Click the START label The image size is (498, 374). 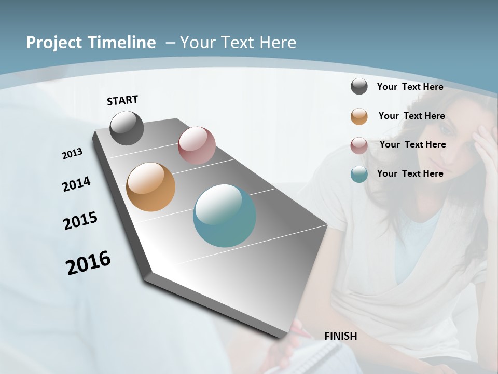122,100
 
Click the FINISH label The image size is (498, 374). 341,336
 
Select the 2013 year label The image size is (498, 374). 72,154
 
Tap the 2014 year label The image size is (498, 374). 76,184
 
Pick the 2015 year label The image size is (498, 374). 80,220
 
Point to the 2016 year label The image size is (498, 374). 88,263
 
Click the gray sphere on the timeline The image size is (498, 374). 127,128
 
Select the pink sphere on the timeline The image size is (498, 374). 197,145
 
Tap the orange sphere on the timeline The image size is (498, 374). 151,187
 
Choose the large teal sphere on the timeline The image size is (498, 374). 225,216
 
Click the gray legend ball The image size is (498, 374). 359,87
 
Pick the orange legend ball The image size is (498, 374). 359,116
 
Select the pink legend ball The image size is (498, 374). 359,145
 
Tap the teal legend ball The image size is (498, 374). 359,174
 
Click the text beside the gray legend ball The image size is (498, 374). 410,87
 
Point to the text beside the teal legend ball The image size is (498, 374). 410,173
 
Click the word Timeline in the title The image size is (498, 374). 122,43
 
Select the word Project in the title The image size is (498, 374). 54,43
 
